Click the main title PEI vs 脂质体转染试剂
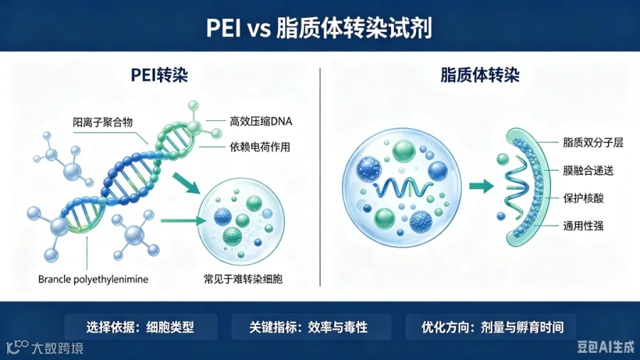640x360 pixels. [x=319, y=28]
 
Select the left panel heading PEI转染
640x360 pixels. [x=159, y=75]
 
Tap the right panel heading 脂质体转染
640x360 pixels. [x=480, y=75]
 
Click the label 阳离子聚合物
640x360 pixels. [x=103, y=122]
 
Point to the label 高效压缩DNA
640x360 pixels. [x=261, y=121]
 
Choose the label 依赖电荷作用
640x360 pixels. [x=260, y=147]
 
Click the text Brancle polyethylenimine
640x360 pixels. [x=93, y=279]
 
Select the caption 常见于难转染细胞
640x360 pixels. [x=243, y=279]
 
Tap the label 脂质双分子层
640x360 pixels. [x=593, y=142]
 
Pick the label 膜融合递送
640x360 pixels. [x=588, y=171]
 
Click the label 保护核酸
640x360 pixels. [x=583, y=198]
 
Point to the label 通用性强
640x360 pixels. [x=583, y=226]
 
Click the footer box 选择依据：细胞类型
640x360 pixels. [x=140, y=327]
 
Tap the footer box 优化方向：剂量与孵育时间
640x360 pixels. [x=491, y=327]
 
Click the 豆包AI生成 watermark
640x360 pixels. [x=606, y=346]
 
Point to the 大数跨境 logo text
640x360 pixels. [x=57, y=348]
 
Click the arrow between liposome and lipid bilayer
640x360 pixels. [x=481, y=186]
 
